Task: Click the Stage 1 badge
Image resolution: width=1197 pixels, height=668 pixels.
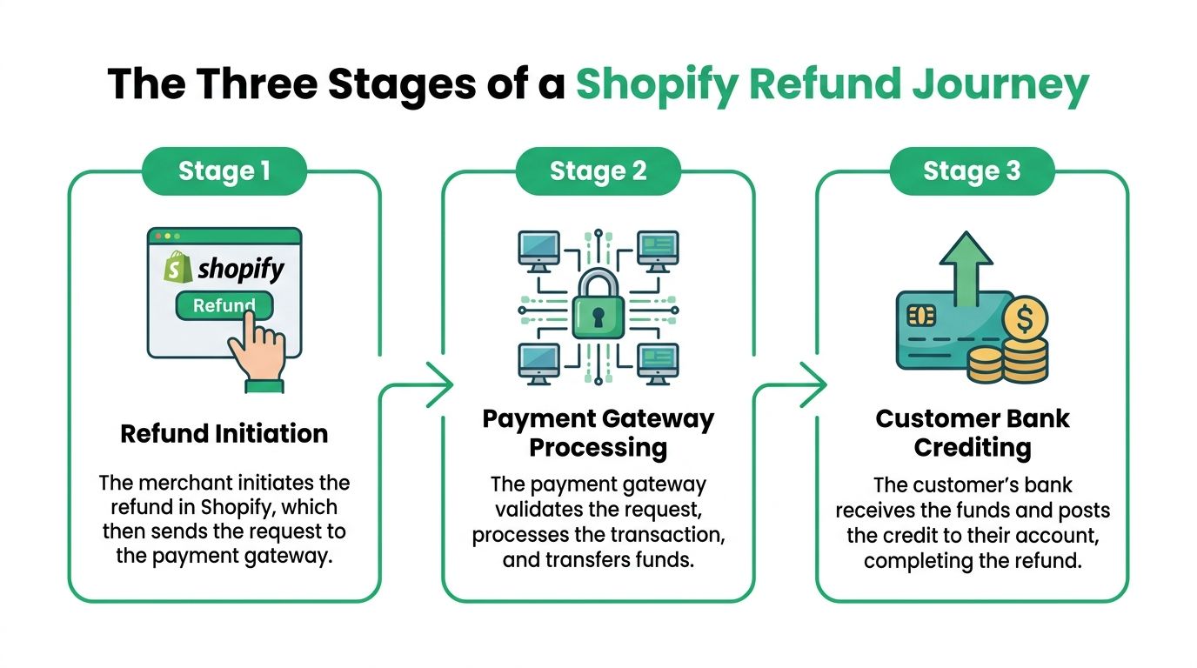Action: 224,171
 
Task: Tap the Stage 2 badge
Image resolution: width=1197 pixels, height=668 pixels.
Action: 598,171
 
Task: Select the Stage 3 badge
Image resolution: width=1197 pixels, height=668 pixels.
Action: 972,171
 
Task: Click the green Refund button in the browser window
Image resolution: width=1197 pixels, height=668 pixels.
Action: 224,305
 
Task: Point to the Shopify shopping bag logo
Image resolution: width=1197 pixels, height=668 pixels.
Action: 178,267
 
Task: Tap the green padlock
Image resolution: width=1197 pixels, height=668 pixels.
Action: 598,304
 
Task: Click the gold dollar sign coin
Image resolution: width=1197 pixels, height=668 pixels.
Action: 1025,319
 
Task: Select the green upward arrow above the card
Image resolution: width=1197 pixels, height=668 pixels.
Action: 966,269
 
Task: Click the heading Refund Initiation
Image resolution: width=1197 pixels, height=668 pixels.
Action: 224,433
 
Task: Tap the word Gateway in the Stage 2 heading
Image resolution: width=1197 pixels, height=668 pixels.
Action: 660,419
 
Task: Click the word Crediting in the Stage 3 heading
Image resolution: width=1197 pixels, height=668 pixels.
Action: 973,448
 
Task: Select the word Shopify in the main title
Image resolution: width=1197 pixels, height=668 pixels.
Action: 657,85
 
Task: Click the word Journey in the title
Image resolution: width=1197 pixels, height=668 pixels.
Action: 1000,85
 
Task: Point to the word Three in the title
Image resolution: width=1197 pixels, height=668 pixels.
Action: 257,83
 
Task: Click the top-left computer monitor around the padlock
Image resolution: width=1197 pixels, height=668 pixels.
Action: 539,251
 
